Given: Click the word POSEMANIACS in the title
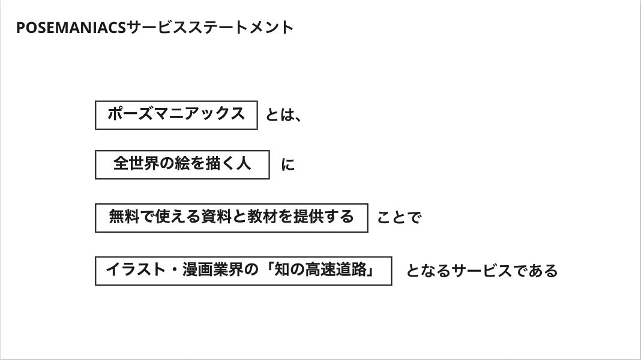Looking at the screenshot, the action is (71, 28).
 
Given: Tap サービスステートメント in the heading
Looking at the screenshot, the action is (210, 28).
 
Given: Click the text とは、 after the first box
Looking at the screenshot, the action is (283, 115).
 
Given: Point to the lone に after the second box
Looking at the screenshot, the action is (288, 164).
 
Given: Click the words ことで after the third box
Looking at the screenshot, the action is (399, 217).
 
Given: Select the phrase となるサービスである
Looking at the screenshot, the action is (481, 271).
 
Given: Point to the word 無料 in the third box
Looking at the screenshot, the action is (124, 217).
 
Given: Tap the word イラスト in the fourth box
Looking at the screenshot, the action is (136, 269).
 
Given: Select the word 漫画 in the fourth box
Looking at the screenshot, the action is (197, 269).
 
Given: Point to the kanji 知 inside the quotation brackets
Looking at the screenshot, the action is (282, 269).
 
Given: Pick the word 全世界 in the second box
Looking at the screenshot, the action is (136, 163).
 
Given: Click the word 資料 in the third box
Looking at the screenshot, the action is (216, 217).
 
